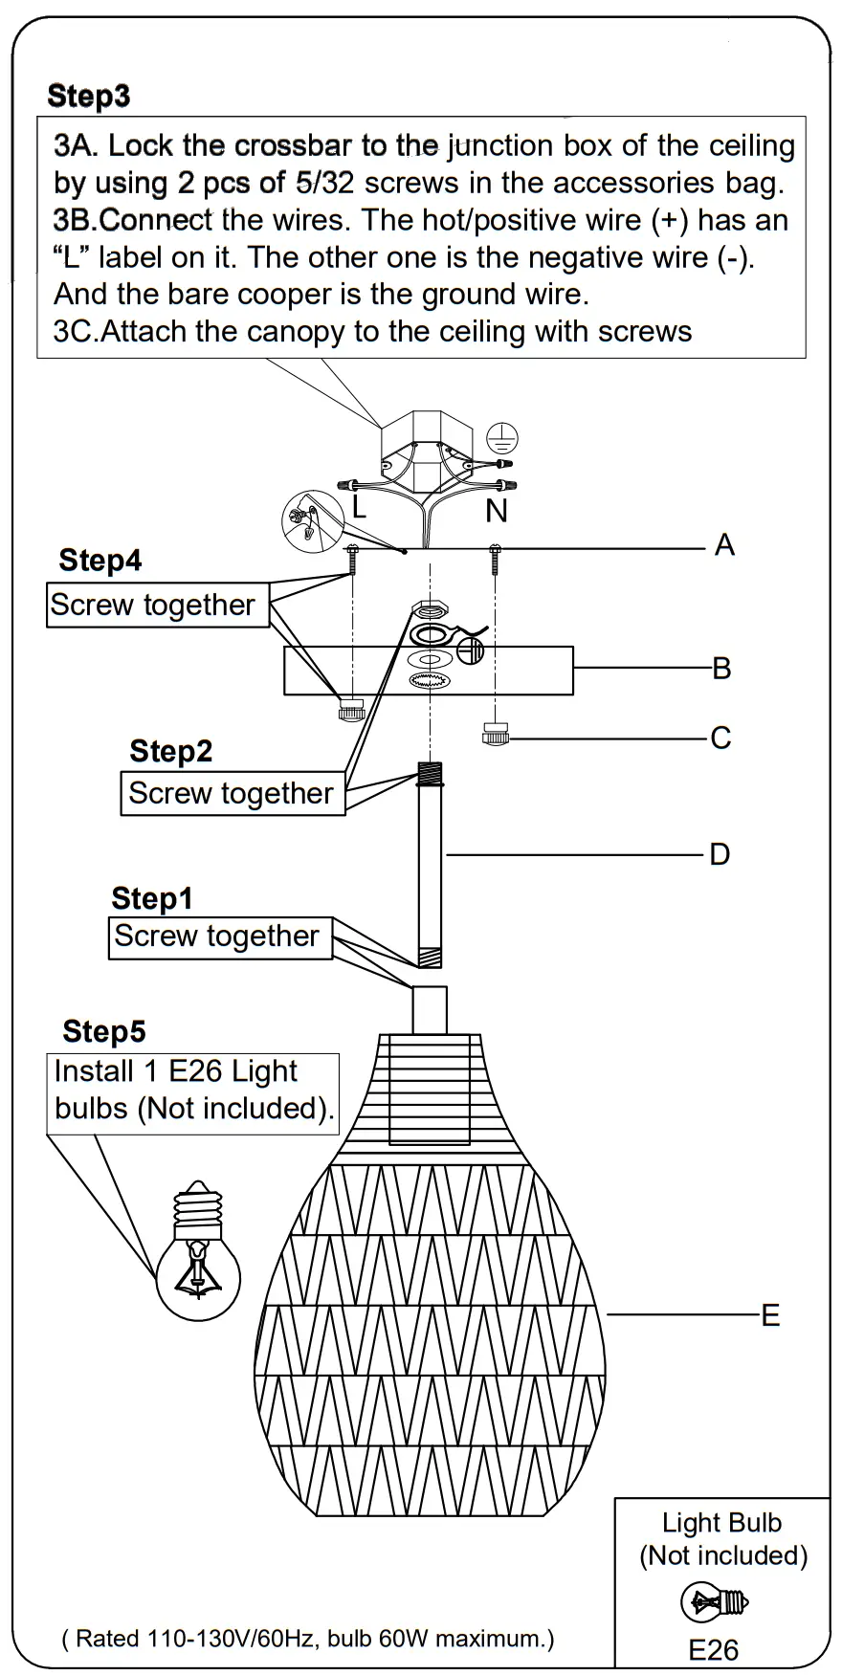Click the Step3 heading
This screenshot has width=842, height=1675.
(88, 96)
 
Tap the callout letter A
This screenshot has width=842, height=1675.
(724, 545)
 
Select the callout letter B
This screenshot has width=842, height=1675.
(721, 669)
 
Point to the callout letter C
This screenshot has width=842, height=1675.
(720, 738)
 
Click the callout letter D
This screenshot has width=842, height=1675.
(720, 854)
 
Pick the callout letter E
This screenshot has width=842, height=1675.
(770, 1315)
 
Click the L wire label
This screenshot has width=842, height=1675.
(358, 507)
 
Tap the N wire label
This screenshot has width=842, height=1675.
(496, 512)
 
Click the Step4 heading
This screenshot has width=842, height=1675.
(100, 561)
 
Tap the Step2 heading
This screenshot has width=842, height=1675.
(170, 752)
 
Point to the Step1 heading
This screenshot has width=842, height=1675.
(151, 899)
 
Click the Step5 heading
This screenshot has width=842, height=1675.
(103, 1032)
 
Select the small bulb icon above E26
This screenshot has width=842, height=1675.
(714, 1601)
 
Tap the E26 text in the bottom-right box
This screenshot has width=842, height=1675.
(713, 1649)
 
